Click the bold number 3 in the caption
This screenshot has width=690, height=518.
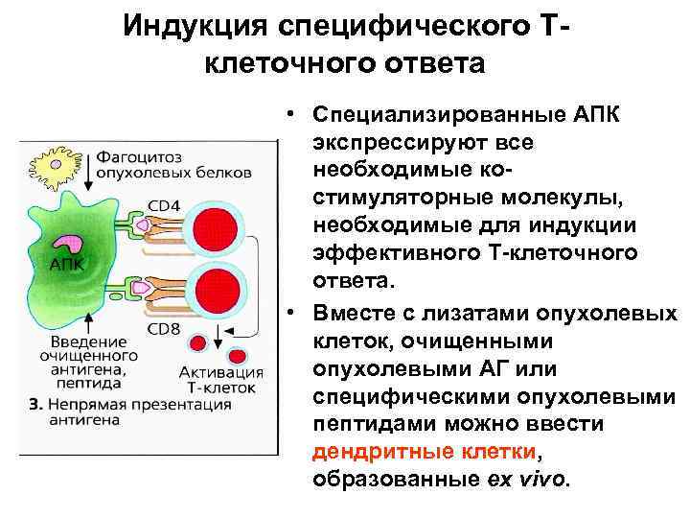point(32,405)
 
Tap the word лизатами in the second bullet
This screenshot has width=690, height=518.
point(458,316)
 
